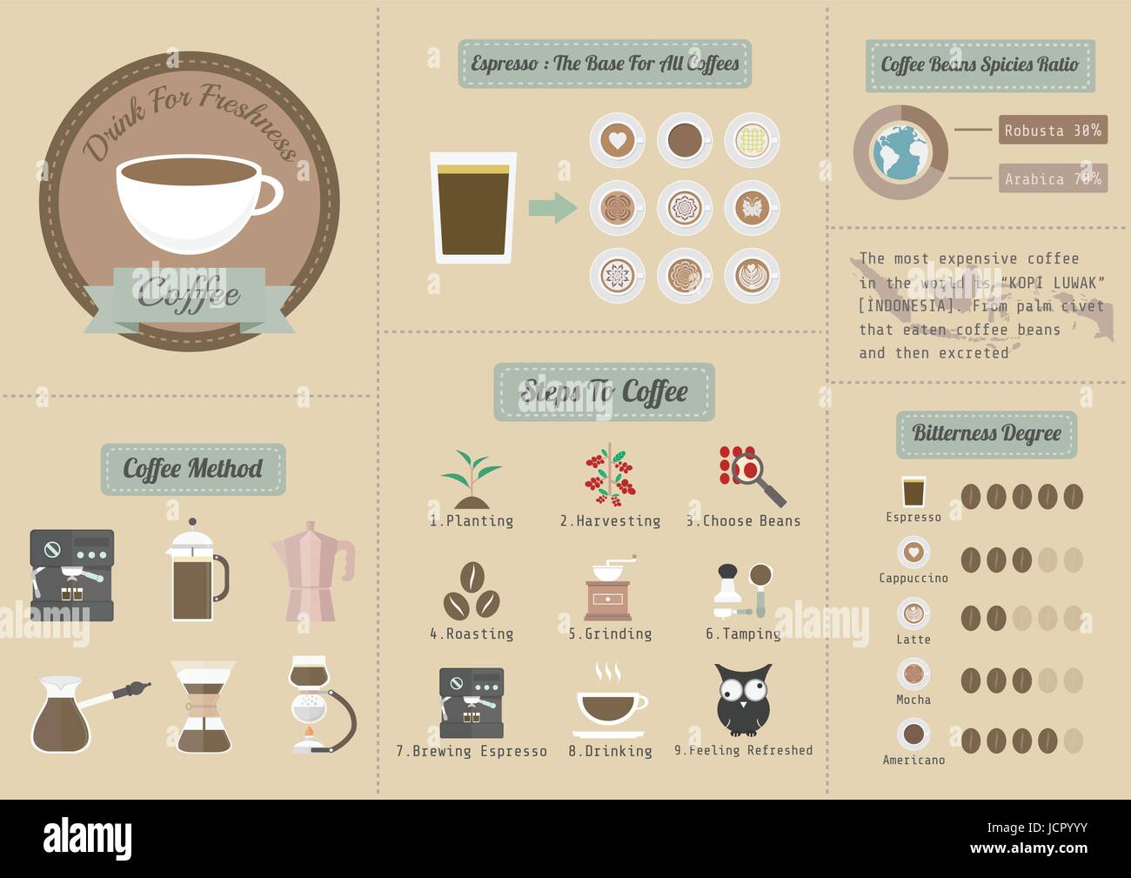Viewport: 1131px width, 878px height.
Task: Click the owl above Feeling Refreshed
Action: coord(743,700)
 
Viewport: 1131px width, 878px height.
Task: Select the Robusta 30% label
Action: coord(1052,131)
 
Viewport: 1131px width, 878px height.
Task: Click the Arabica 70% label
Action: coord(1052,178)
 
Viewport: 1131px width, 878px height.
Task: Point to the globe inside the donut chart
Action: coord(900,153)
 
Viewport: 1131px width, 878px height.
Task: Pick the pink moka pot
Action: coord(311,570)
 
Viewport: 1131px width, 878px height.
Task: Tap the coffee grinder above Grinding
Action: coord(609,588)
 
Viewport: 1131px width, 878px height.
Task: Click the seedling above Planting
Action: coord(471,478)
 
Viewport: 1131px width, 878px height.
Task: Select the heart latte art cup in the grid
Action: coord(616,139)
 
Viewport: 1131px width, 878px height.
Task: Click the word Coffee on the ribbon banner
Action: coord(189,293)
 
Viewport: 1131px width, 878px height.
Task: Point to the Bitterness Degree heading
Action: coord(986,433)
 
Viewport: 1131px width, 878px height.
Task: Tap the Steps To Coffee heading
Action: coord(604,392)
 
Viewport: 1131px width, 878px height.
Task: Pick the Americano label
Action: coord(913,760)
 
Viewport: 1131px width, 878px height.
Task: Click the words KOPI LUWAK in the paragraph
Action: coord(1056,283)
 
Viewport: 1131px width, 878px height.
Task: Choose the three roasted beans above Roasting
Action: coord(471,591)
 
